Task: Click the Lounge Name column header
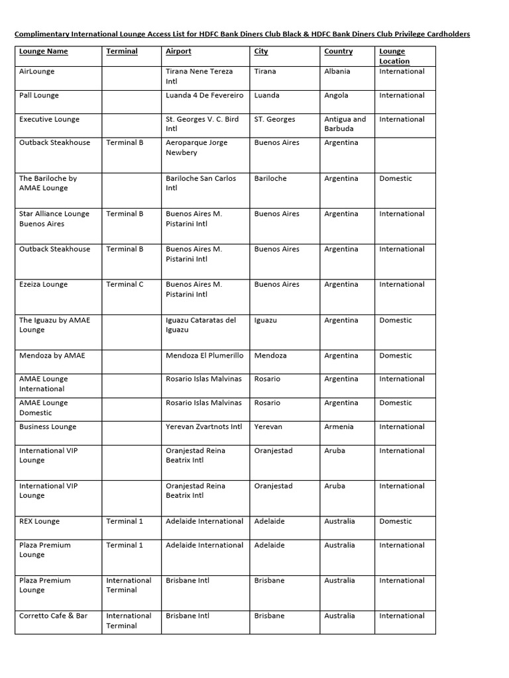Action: (x=44, y=52)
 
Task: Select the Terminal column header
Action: (x=122, y=52)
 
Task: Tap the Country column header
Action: (x=338, y=52)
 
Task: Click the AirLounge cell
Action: (x=37, y=72)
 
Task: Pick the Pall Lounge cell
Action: (x=39, y=95)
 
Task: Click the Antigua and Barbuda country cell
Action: (x=345, y=124)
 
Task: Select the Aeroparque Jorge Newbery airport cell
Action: (x=196, y=148)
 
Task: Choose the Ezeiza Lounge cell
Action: (x=44, y=285)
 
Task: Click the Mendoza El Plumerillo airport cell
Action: (x=204, y=356)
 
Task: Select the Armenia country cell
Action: (x=339, y=427)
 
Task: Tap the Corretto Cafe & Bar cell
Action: (x=54, y=616)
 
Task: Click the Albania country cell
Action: (x=337, y=72)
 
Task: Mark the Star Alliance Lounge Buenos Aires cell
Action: (x=54, y=219)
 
